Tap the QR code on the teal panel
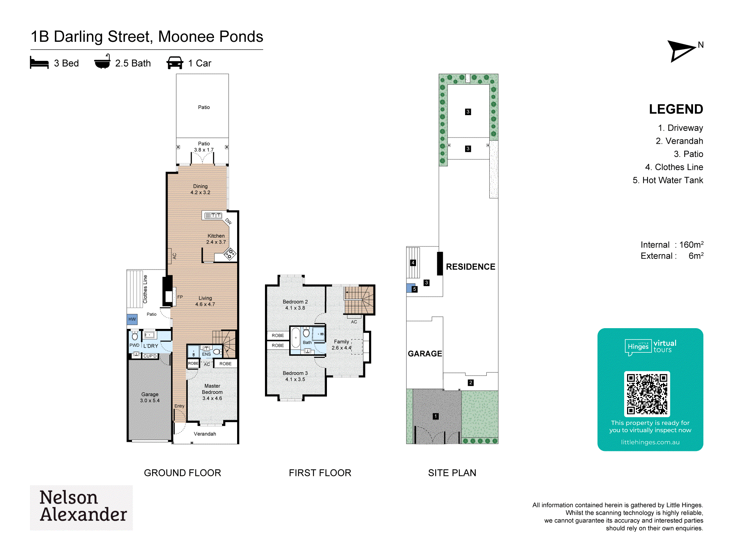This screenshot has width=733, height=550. coord(647,394)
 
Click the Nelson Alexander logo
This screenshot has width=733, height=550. coord(81,508)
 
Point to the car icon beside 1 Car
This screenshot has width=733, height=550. coord(175,63)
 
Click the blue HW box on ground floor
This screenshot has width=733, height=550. coord(132,319)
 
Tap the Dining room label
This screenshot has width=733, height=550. coord(200,189)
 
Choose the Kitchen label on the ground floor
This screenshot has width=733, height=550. coord(216,239)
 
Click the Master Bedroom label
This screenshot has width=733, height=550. coord(212,392)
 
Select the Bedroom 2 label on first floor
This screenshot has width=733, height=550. coord(295,305)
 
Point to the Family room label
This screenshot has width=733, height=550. coord(342,345)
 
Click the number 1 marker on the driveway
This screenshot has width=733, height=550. coord(435,416)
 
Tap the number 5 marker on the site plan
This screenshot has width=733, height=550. coord(415,289)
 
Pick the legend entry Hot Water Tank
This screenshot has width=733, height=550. coord(668,180)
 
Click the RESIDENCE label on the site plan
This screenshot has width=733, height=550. coord(471,267)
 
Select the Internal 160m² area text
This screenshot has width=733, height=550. coord(672,245)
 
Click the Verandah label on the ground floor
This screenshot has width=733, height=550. coord(205,434)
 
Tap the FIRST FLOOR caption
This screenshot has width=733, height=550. coord(320,473)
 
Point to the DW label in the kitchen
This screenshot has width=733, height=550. coord(229,221)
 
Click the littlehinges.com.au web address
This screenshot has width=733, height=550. coord(650,442)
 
